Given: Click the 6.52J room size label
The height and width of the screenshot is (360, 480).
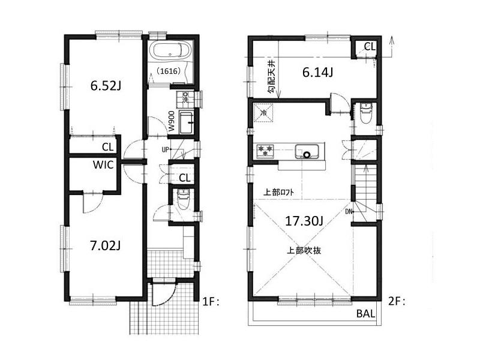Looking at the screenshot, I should click(106, 86).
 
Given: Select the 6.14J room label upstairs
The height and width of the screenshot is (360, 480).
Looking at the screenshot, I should click(317, 73).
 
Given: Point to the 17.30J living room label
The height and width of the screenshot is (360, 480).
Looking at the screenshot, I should click(304, 221).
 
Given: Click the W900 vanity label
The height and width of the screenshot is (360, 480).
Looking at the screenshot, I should click(172, 121).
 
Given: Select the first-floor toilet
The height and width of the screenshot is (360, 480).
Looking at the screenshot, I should click(184, 199).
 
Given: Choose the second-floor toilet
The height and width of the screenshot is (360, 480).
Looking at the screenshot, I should click(365, 112).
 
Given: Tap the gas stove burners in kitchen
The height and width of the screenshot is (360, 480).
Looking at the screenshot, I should click(265, 151).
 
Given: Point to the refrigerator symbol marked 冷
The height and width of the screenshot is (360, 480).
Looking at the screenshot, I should click(263, 112).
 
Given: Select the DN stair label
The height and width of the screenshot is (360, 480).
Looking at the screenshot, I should click(349, 211).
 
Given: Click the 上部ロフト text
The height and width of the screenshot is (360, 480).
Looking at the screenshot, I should click(279, 193).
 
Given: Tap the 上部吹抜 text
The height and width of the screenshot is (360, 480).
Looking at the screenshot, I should click(304, 250).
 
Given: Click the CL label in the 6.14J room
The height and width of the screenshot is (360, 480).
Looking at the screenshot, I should click(369, 46).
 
